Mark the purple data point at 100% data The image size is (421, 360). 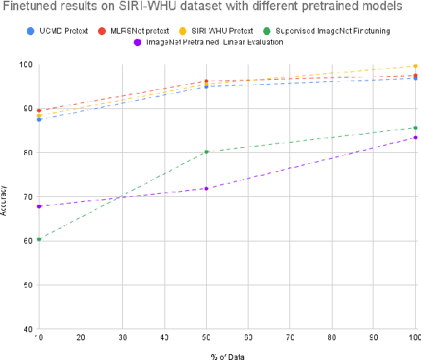click(x=415, y=138)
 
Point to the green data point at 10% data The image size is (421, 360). click(x=39, y=239)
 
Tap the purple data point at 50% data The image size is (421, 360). click(x=207, y=189)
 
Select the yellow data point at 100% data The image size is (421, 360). click(x=415, y=66)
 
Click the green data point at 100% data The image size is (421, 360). click(x=415, y=128)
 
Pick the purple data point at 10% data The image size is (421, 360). click(x=39, y=206)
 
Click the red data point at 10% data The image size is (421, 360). click(x=39, y=110)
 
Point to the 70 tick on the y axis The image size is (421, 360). click(x=26, y=197)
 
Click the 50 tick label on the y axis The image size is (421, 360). click(x=26, y=285)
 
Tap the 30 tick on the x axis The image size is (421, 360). click(x=123, y=337)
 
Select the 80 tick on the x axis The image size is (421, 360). click(x=332, y=337)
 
